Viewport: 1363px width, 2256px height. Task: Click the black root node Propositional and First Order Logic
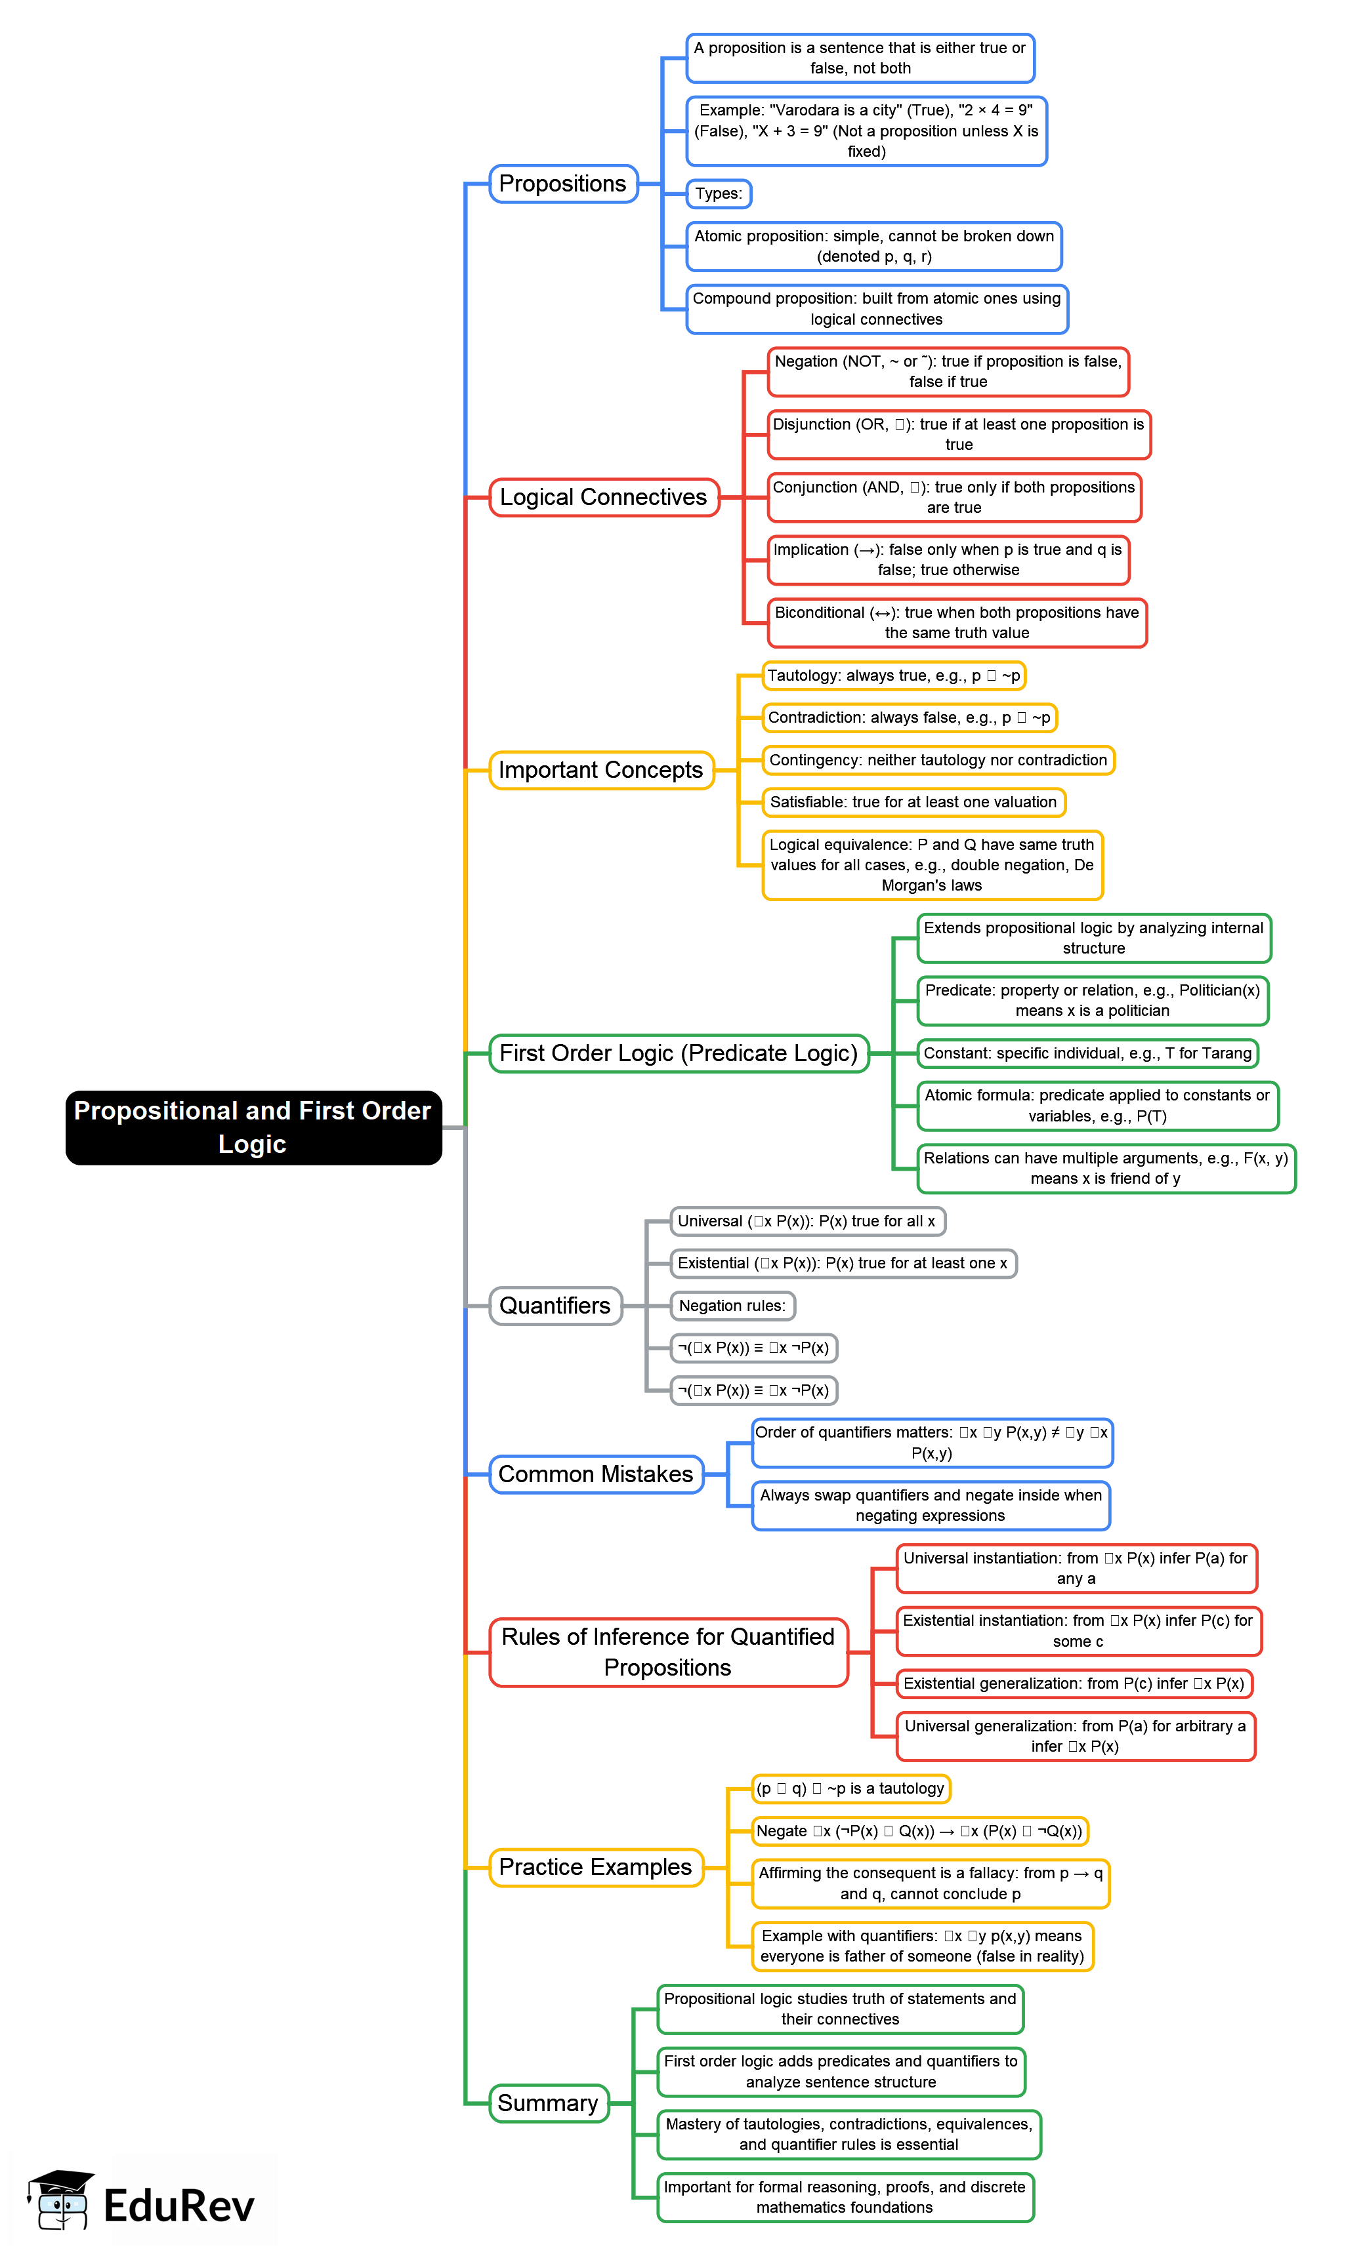[x=253, y=1127]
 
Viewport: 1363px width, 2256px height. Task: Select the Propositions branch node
[x=562, y=183]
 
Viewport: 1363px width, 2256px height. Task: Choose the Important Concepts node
[x=601, y=770]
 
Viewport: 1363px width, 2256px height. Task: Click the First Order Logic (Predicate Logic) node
[x=678, y=1053]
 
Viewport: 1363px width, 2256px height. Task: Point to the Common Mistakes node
[x=595, y=1474]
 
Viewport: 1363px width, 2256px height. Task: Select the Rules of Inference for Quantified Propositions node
[x=668, y=1652]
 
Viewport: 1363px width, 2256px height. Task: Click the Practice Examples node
[x=595, y=1867]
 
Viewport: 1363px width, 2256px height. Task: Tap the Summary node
[x=548, y=2103]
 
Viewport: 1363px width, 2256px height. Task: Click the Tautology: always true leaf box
[x=893, y=675]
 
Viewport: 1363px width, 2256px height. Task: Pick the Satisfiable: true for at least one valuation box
[x=913, y=802]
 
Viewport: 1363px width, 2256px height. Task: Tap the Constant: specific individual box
[x=1087, y=1053]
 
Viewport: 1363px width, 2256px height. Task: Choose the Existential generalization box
[x=1074, y=1683]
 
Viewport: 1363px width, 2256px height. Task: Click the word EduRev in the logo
[x=178, y=2205]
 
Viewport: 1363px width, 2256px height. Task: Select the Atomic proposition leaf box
[x=874, y=247]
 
